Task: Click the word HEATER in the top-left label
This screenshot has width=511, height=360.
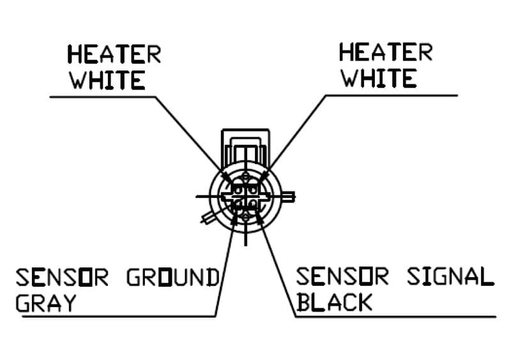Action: (x=114, y=54)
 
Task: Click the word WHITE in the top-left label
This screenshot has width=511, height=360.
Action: (x=107, y=80)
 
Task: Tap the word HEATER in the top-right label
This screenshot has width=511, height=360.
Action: (x=385, y=52)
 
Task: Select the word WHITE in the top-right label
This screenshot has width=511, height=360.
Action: (x=378, y=78)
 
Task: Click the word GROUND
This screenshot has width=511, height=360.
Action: (x=172, y=278)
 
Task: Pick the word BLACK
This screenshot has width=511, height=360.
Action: (x=334, y=301)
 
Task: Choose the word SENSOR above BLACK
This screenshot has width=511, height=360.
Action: (x=342, y=277)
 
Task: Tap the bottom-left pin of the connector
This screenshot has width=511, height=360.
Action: (x=238, y=204)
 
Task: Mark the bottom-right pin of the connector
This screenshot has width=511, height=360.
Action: (x=253, y=204)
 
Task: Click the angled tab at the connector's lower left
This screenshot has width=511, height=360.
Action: (x=208, y=218)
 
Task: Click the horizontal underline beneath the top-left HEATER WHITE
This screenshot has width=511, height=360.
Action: (x=102, y=97)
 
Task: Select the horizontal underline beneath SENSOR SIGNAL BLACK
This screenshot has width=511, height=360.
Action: (x=396, y=316)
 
